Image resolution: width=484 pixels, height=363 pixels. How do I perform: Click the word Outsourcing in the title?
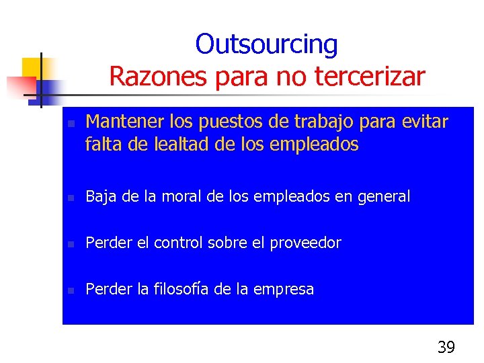266,45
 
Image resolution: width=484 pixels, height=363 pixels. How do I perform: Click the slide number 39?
446,348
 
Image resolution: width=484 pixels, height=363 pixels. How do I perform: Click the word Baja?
101,196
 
